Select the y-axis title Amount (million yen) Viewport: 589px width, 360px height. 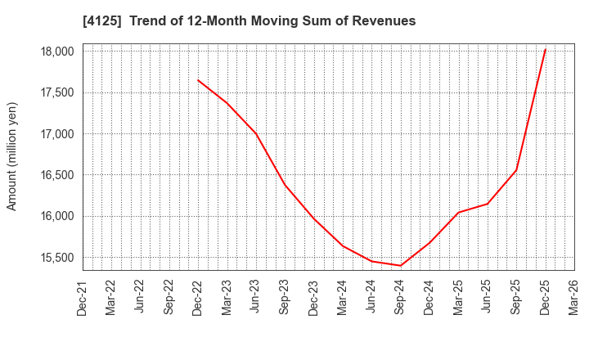click(12, 156)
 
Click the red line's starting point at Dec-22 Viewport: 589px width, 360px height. click(198, 80)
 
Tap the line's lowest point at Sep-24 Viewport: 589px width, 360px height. click(401, 266)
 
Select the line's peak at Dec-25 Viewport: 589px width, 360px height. click(546, 49)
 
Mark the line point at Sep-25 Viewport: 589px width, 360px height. click(516, 170)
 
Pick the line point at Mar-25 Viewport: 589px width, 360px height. click(458, 213)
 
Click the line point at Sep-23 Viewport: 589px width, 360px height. click(285, 184)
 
